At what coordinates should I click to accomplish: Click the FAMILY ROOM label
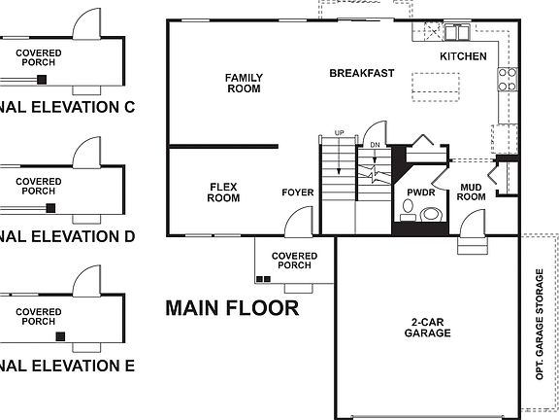pyautogui.click(x=243, y=83)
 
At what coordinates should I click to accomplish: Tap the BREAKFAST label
pyautogui.click(x=361, y=73)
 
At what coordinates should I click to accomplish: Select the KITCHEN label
pyautogui.click(x=463, y=56)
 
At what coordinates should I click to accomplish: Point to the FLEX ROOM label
pyautogui.click(x=223, y=192)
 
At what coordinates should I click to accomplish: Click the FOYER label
pyautogui.click(x=298, y=192)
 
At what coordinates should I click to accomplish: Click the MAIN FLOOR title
pyautogui.click(x=231, y=309)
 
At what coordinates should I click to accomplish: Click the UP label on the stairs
pyautogui.click(x=339, y=132)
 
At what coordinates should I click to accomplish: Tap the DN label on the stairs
pyautogui.click(x=375, y=145)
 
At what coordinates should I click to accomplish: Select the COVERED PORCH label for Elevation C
pyautogui.click(x=38, y=57)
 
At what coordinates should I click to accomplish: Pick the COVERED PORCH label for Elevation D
pyautogui.click(x=38, y=187)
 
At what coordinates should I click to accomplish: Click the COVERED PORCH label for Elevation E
pyautogui.click(x=38, y=316)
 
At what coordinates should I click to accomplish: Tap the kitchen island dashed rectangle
pyautogui.click(x=434, y=86)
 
